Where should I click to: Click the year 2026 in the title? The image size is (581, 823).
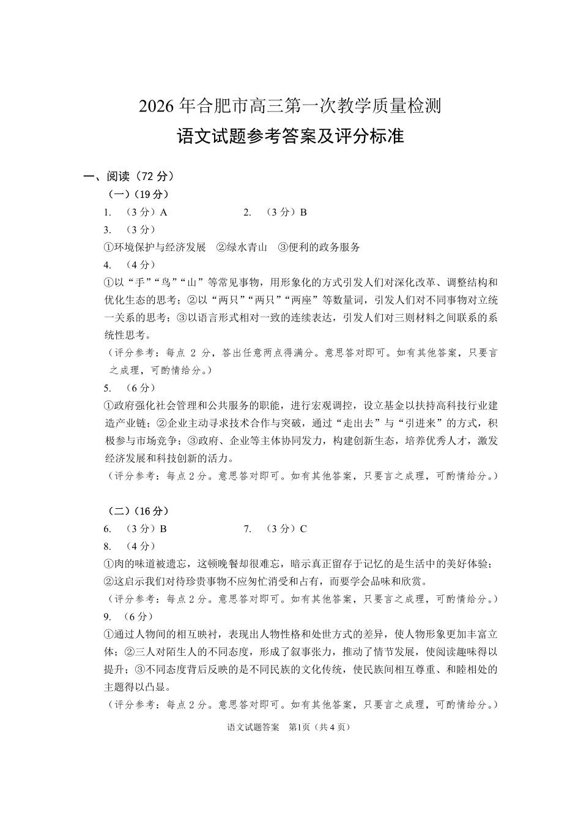tap(157, 106)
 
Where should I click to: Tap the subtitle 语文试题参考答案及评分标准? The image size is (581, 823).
tap(290, 136)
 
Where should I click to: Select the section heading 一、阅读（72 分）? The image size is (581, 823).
tap(130, 176)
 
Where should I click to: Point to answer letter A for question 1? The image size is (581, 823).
tap(163, 212)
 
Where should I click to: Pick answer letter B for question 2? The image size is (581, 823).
tap(303, 212)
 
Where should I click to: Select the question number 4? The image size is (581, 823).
tap(108, 265)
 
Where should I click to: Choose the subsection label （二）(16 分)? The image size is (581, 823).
tap(138, 511)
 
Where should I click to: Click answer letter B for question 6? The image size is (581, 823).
tap(163, 529)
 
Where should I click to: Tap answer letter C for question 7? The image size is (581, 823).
tap(303, 529)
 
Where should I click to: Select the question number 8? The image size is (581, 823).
tap(108, 546)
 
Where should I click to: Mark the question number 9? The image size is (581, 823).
tap(108, 617)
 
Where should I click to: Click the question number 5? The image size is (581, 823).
tap(108, 388)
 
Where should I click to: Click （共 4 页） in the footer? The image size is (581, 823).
tap(332, 727)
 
